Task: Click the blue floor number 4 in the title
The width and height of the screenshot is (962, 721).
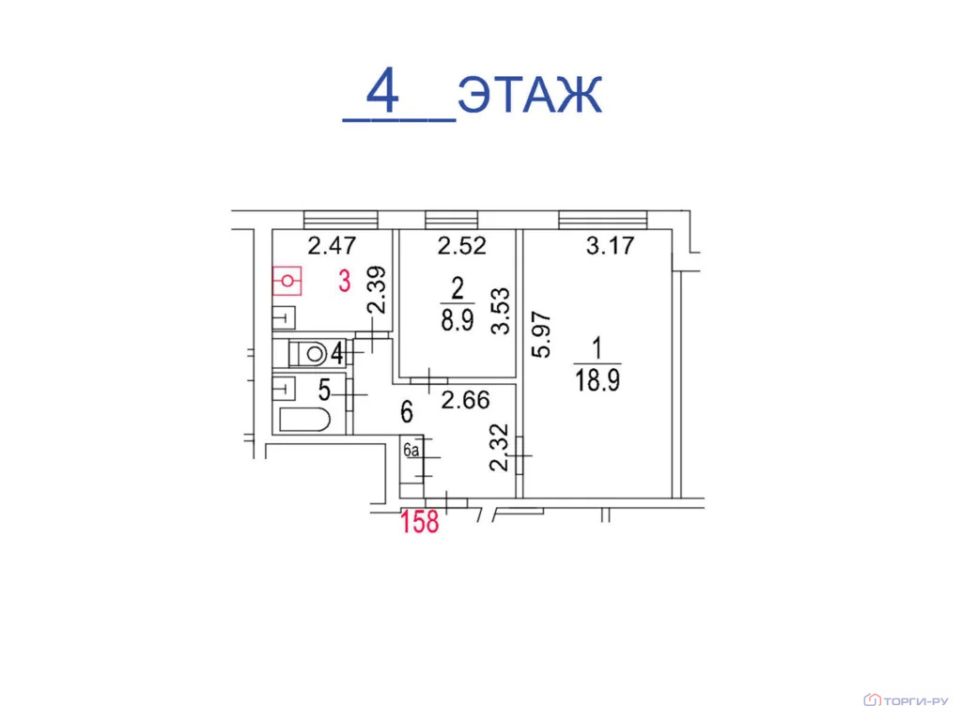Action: [383, 90]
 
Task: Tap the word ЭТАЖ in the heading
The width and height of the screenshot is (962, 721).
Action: [530, 95]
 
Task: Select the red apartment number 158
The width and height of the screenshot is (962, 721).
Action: [420, 522]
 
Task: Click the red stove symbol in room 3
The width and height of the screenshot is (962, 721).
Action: [287, 281]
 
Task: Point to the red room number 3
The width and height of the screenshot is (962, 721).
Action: [345, 281]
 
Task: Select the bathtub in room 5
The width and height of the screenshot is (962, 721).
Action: [305, 420]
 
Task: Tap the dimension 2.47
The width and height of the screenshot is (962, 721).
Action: [332, 246]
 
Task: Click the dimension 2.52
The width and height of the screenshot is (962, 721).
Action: [462, 246]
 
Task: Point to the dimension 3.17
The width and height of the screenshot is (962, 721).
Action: [610, 246]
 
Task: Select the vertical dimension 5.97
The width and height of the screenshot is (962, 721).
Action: [542, 335]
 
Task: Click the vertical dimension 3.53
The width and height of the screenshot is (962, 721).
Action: [501, 311]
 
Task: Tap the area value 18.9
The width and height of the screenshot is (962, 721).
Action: [597, 380]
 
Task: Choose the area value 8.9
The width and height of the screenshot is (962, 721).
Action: [458, 320]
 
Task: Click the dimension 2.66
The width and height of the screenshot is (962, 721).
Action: [466, 400]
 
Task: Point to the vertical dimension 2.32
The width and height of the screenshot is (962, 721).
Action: [500, 448]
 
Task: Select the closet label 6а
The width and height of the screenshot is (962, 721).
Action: [411, 450]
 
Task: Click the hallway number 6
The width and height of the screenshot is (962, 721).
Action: [407, 412]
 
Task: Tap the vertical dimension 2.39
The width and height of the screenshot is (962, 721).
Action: [377, 289]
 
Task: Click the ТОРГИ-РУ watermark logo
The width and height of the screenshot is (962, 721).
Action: [906, 700]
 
